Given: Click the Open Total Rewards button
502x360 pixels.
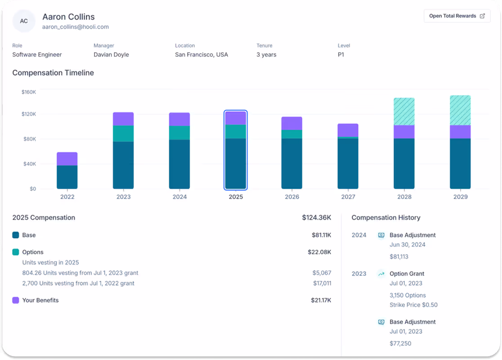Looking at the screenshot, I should [x=457, y=16].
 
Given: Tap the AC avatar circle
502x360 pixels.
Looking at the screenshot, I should [x=24, y=21].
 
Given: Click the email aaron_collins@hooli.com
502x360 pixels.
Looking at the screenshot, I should [x=75, y=27].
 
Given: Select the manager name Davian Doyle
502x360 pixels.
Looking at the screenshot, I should [x=111, y=54].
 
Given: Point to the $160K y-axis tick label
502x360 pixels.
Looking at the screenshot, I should [x=29, y=92].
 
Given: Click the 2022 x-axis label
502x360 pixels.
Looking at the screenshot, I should [x=67, y=197].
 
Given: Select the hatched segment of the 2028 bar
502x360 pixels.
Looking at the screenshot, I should [x=404, y=112].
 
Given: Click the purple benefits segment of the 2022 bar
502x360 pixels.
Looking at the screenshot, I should [x=67, y=159].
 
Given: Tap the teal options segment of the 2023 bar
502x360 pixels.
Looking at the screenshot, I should [x=123, y=134].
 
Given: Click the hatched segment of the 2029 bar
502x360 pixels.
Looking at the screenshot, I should [x=460, y=110].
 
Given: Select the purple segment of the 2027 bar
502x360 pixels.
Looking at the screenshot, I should [x=348, y=130].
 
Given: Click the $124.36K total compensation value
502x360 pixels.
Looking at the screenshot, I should [x=316, y=218].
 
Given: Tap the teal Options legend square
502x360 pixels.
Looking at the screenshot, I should [x=16, y=252].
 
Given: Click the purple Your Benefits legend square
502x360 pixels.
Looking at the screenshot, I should [x=16, y=300].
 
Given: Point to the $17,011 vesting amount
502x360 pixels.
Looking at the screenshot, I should [x=322, y=283].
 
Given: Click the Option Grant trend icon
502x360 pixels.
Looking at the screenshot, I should [x=381, y=274].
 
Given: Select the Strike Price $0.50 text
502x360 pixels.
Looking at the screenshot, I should [x=413, y=305].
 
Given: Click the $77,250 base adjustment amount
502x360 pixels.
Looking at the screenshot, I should [x=400, y=343].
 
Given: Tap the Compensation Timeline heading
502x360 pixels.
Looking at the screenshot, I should [x=53, y=73].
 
